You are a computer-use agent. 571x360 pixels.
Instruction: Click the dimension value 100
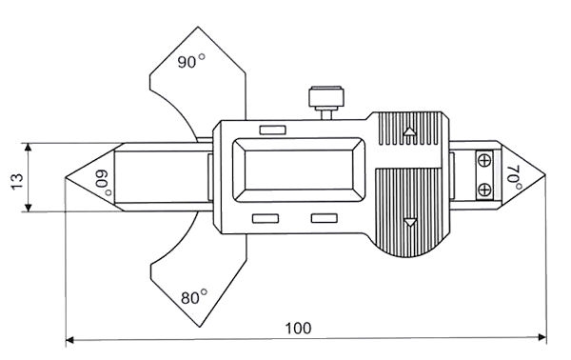click(x=298, y=329)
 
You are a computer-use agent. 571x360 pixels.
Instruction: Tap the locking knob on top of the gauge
click(x=324, y=98)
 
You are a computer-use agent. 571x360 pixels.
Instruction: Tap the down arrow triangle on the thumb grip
click(x=410, y=223)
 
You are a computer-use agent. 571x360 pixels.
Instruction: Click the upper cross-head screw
click(x=484, y=160)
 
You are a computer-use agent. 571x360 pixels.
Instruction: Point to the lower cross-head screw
click(x=484, y=190)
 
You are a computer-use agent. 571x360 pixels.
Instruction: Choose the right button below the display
click(x=325, y=219)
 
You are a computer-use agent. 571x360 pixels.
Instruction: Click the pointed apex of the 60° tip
click(x=67, y=177)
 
